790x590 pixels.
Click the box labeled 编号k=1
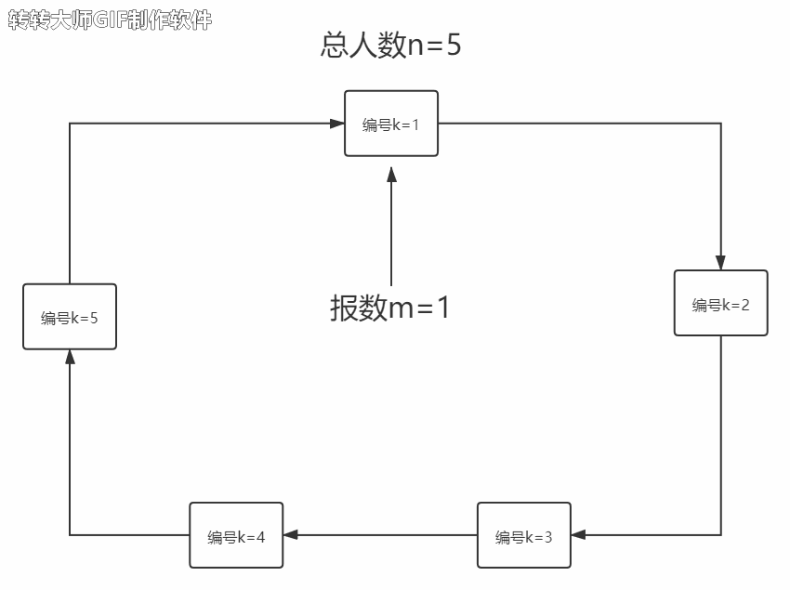(391, 124)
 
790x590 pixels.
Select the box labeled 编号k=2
(720, 303)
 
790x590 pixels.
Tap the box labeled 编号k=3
(523, 535)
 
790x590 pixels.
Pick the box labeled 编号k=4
(236, 535)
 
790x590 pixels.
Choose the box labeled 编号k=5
(70, 317)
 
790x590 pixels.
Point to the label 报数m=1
(390, 308)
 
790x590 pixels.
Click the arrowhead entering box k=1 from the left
(336, 123)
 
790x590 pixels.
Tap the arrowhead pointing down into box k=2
(720, 262)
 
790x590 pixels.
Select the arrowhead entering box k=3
(579, 535)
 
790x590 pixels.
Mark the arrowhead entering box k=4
(291, 535)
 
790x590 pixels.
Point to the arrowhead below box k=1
(391, 174)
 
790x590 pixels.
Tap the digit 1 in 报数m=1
(442, 308)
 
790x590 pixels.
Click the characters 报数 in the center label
(359, 308)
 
